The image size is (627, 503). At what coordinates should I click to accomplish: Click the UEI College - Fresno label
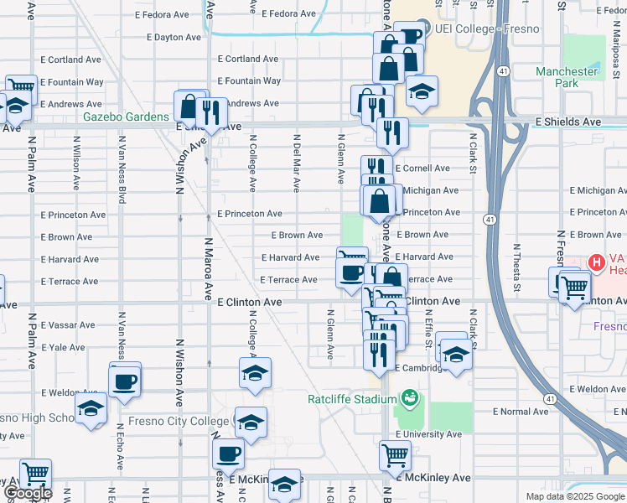point(486,29)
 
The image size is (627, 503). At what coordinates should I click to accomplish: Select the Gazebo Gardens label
point(126,117)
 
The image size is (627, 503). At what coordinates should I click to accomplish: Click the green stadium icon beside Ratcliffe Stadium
point(410,397)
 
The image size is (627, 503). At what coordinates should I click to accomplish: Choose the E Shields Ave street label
point(567,122)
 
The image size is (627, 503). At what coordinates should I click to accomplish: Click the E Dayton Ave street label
point(174,38)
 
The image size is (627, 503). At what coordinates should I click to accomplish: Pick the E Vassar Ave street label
point(68,324)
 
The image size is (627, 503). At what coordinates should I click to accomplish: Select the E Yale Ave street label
point(65,347)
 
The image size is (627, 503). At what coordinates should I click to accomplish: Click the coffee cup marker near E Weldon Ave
point(125,382)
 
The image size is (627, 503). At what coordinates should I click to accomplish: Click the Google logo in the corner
point(27,493)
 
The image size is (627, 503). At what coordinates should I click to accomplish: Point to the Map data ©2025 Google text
point(574,496)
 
